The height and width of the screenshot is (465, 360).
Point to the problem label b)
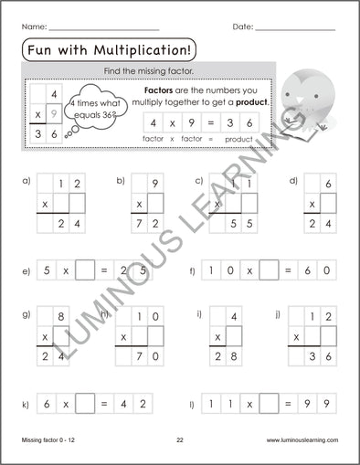click(x=121, y=181)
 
